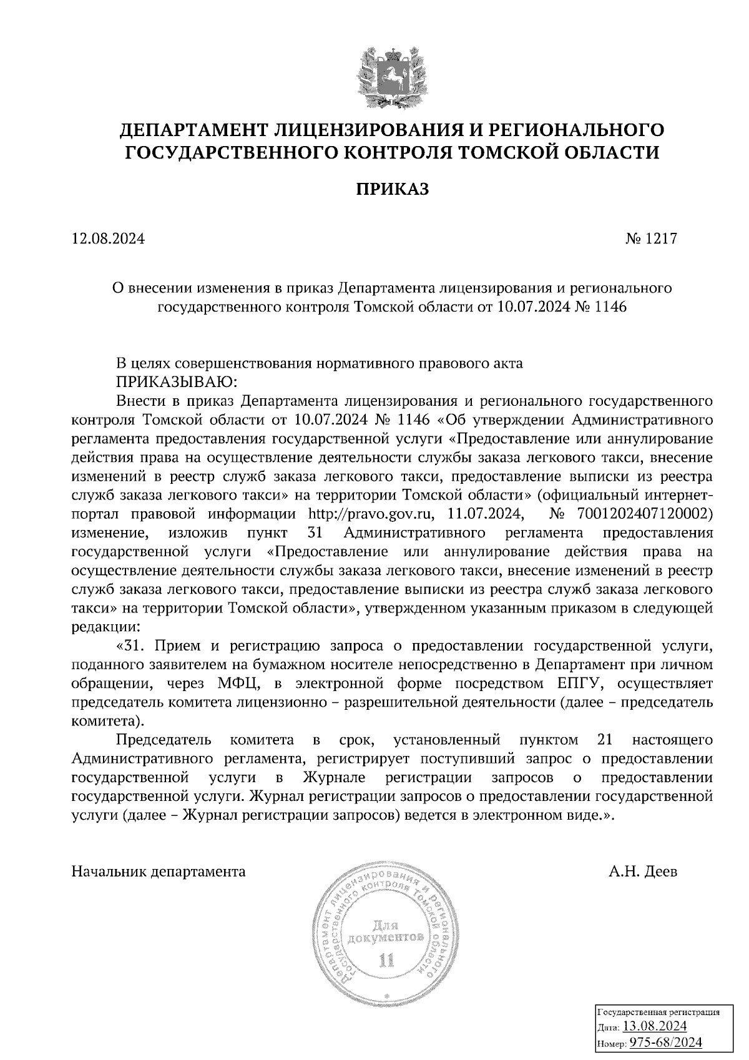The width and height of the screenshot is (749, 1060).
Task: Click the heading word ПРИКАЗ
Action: [x=393, y=189]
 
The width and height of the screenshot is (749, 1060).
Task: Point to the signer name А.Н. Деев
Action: [x=643, y=871]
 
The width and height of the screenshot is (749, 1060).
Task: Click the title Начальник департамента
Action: [x=159, y=871]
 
